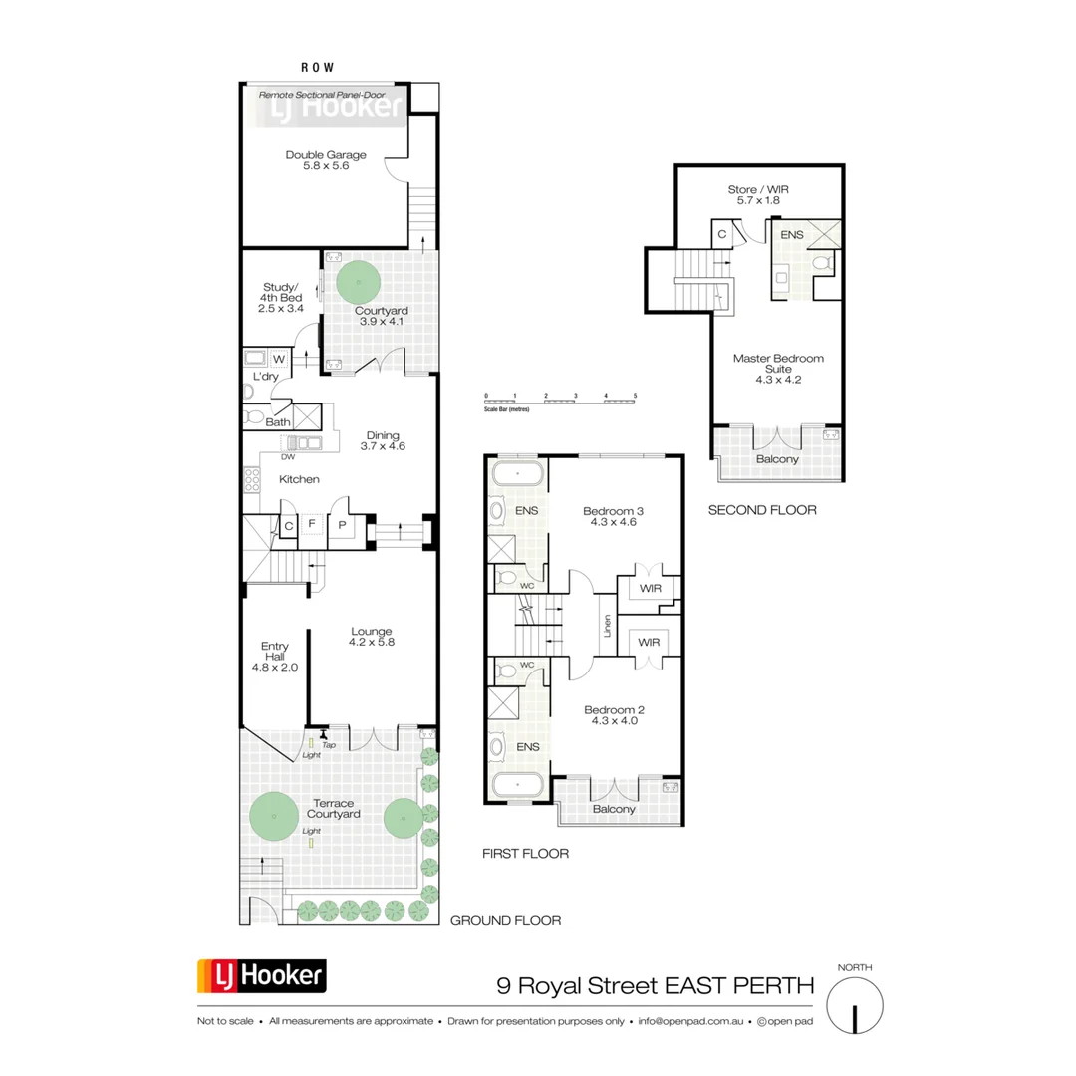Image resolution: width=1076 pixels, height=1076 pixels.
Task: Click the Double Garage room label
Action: coord(326,161)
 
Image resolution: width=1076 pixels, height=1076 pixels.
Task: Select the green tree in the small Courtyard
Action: coord(357,283)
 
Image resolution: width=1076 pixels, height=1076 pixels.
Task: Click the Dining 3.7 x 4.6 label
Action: coord(383,440)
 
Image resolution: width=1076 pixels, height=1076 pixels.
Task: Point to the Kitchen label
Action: coord(299,480)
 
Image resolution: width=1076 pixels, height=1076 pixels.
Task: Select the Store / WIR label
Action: coord(759,194)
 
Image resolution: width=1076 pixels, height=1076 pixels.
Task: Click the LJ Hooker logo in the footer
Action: coord(262,976)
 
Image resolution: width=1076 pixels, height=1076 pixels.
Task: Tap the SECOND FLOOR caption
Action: coord(762,510)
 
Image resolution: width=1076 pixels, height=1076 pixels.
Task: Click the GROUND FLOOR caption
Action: coord(505,921)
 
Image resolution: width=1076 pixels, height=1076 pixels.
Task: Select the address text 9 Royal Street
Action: coord(656,986)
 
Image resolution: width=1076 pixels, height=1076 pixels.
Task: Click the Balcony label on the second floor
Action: coord(777,459)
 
